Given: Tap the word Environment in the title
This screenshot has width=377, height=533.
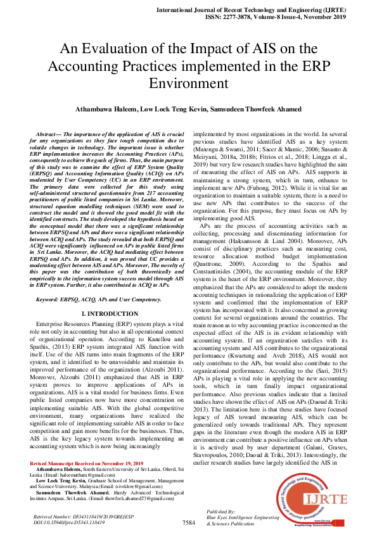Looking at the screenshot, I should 188,83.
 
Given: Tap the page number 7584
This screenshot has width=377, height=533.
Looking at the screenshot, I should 188,523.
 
